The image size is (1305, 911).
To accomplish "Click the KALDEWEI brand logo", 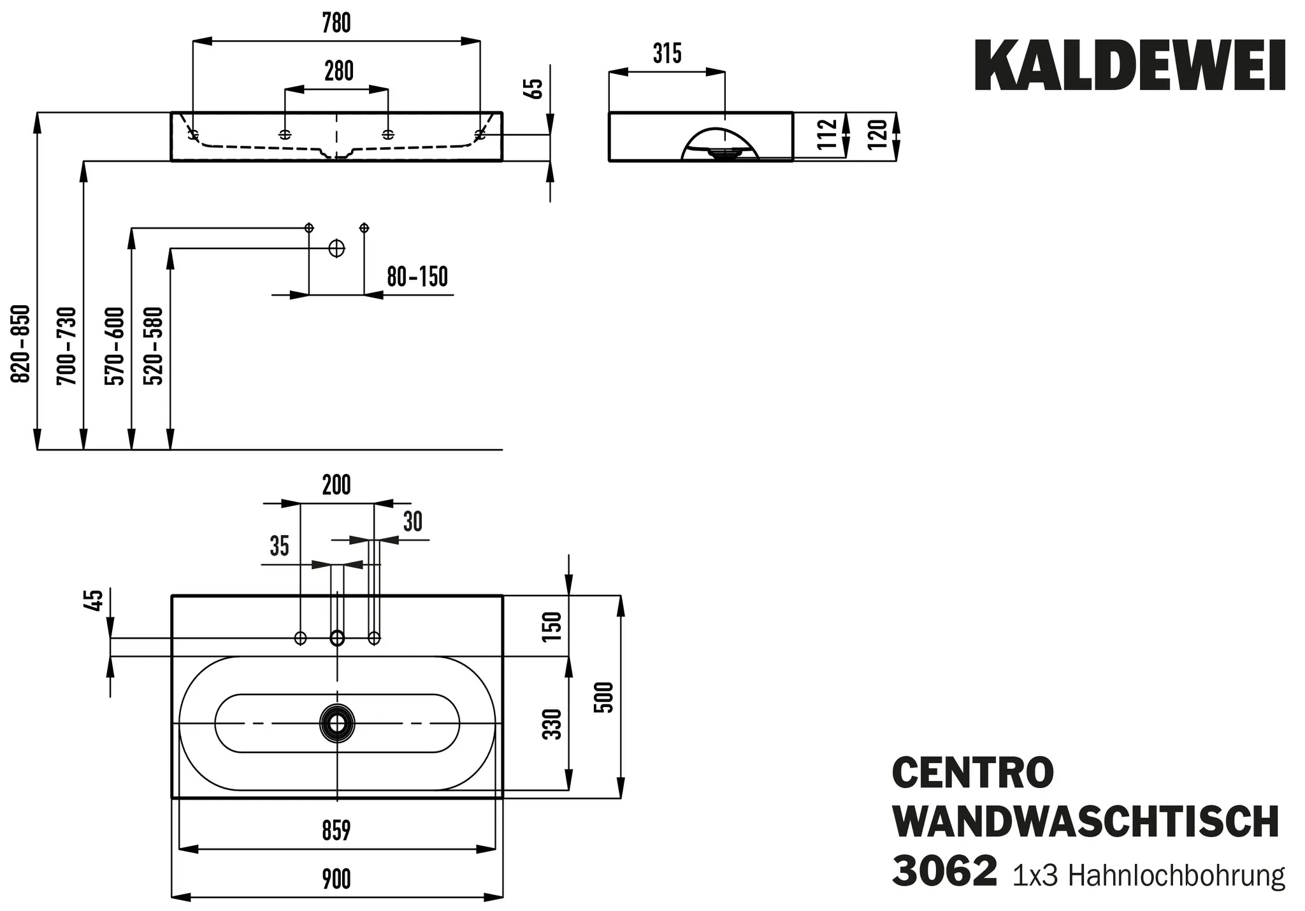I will pyautogui.click(x=1130, y=66).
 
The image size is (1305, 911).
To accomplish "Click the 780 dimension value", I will pyautogui.click(x=336, y=23).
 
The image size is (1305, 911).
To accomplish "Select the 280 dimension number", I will pyautogui.click(x=338, y=71).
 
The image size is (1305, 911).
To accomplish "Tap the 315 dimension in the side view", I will pyautogui.click(x=667, y=54).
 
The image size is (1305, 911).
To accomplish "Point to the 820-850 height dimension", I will pyautogui.click(x=22, y=344).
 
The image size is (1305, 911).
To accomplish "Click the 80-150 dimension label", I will pyautogui.click(x=417, y=277).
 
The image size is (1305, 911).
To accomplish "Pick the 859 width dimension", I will pyautogui.click(x=336, y=831).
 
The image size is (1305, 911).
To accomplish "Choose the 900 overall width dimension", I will pyautogui.click(x=336, y=879).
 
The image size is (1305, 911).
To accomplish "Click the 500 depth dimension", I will pyautogui.click(x=606, y=697).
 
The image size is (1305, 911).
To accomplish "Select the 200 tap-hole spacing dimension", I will pyautogui.click(x=336, y=485).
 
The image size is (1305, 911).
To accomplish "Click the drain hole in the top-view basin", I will pyautogui.click(x=336, y=724).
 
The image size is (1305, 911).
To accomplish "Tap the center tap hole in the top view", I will pyautogui.click(x=336, y=638).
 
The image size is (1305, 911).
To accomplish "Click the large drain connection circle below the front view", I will pyautogui.click(x=336, y=248).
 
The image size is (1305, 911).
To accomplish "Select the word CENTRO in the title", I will pyautogui.click(x=973, y=773).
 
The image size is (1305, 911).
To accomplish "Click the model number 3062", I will pyautogui.click(x=944, y=872).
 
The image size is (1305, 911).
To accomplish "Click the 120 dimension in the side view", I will pyautogui.click(x=877, y=135).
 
